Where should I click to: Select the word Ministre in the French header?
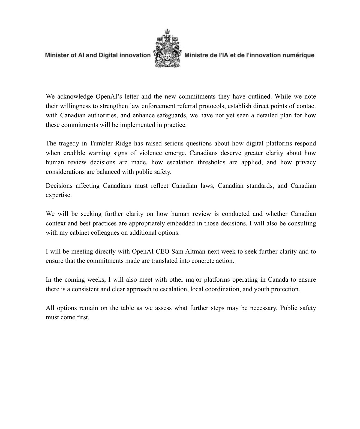(x=196, y=55)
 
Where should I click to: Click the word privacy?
(x=306, y=162)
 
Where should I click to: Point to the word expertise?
(x=59, y=195)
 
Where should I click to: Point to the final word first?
(x=83, y=317)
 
